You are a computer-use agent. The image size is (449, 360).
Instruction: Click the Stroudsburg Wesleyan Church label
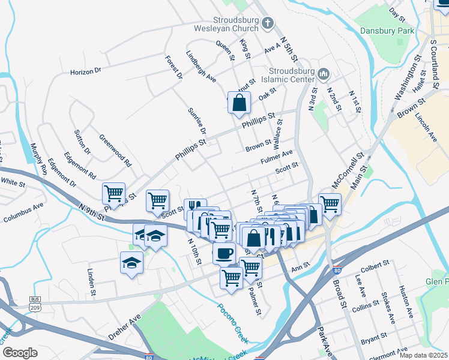coord(225,23)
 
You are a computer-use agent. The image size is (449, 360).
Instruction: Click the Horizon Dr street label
coord(86,71)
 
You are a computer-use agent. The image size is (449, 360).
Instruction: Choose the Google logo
coord(20,353)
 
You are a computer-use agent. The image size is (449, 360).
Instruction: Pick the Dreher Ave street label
coord(124,325)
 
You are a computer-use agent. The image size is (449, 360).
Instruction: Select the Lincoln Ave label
coord(426,125)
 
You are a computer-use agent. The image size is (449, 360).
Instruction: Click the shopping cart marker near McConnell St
coord(330,203)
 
